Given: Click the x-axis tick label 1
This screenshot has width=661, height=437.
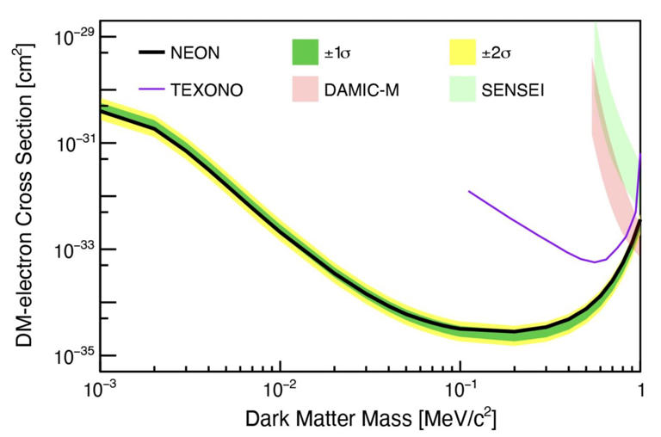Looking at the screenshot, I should (639, 389).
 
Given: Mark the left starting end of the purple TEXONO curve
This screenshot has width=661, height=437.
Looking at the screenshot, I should (468, 191).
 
